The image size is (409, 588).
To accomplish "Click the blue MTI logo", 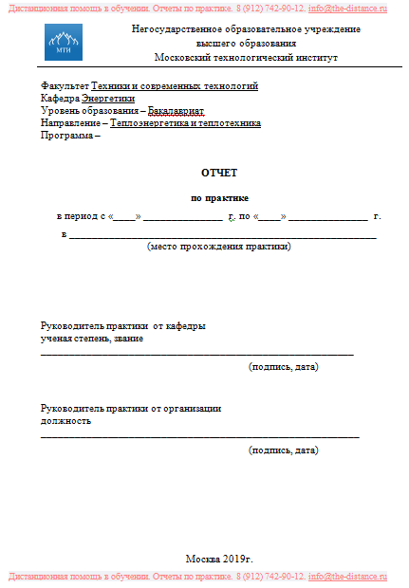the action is pyautogui.click(x=64, y=43).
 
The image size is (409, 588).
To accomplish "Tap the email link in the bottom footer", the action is pyautogui.click(x=348, y=577).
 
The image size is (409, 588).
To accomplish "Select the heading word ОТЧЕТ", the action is pyautogui.click(x=219, y=173).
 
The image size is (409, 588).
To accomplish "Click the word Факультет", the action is pyautogui.click(x=65, y=86).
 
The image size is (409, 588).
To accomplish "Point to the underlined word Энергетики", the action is pyautogui.click(x=108, y=99).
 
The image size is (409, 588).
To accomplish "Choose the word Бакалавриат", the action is pyautogui.click(x=176, y=111).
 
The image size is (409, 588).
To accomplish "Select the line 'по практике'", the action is pyautogui.click(x=219, y=198).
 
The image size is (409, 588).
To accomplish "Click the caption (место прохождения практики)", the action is pyautogui.click(x=219, y=247).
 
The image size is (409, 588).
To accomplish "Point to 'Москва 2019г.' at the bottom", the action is pyautogui.click(x=219, y=558).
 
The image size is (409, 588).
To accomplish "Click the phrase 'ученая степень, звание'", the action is pyautogui.click(x=92, y=339).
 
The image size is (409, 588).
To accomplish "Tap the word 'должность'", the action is pyautogui.click(x=65, y=420).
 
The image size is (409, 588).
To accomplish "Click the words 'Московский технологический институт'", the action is pyautogui.click(x=246, y=57).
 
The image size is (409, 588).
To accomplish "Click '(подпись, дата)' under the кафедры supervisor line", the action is pyautogui.click(x=283, y=366).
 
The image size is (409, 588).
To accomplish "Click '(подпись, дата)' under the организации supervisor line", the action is pyautogui.click(x=283, y=450).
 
